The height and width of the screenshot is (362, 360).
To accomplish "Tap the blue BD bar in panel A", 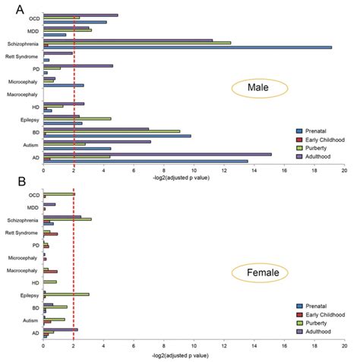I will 117,136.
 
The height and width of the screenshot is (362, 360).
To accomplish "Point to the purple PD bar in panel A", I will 78,66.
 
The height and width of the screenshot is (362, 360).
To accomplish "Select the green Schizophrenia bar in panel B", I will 68,219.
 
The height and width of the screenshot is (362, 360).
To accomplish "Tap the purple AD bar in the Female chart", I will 61,329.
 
